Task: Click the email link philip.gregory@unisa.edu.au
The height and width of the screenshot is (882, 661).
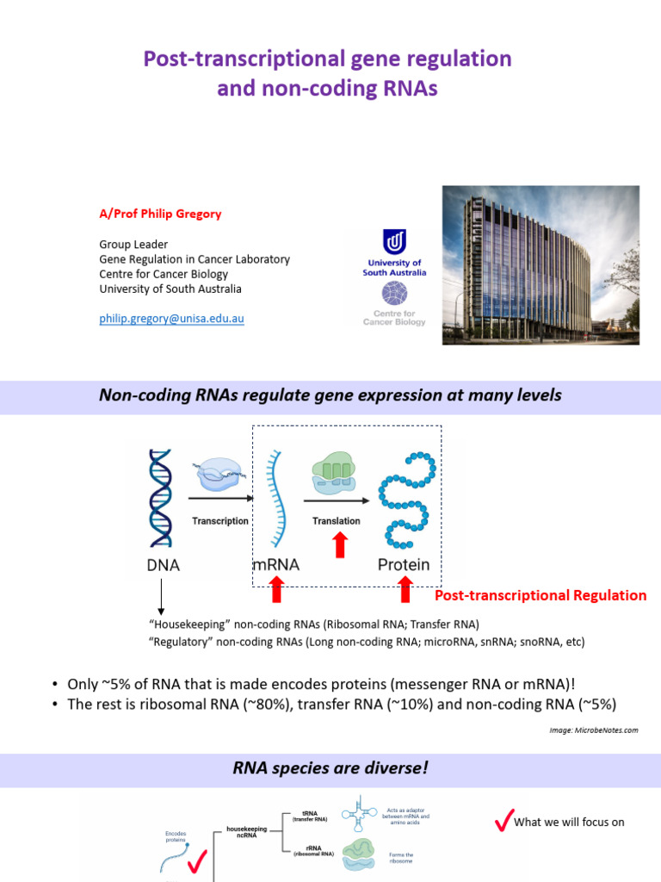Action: pyautogui.click(x=172, y=319)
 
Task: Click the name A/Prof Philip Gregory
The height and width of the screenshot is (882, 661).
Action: pyautogui.click(x=161, y=214)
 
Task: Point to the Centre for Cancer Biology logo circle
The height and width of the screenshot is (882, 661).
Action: pyautogui.click(x=395, y=295)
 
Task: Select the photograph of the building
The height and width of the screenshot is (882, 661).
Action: pyautogui.click(x=541, y=265)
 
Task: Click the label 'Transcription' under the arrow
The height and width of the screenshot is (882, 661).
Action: pyautogui.click(x=220, y=521)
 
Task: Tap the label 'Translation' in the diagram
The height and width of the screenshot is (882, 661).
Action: pyautogui.click(x=337, y=521)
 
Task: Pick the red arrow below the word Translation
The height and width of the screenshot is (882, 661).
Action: pyautogui.click(x=341, y=544)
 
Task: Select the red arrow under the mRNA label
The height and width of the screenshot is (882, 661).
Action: pyautogui.click(x=276, y=590)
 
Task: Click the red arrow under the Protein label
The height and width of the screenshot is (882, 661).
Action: pyautogui.click(x=405, y=590)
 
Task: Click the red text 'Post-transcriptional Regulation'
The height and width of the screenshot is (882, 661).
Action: pyautogui.click(x=540, y=595)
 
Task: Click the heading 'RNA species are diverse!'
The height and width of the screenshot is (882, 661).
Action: pyautogui.click(x=330, y=768)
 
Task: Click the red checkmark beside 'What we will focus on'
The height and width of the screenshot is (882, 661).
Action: pyautogui.click(x=503, y=822)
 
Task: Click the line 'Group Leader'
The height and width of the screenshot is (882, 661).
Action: pyautogui.click(x=133, y=245)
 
